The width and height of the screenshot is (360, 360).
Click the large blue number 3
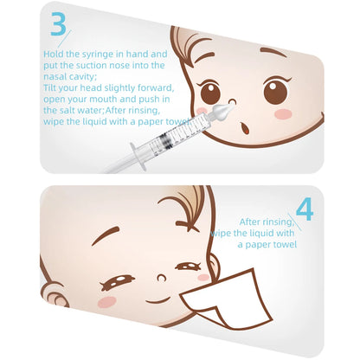(58, 24)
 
